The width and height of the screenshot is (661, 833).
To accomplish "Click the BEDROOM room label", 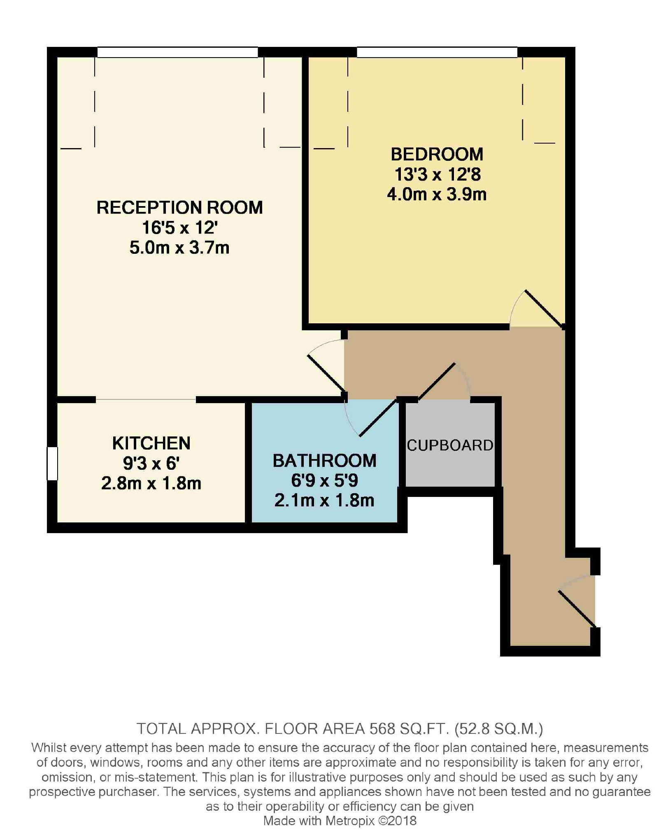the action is [437, 154].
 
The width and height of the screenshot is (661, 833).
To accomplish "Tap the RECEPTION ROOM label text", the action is [179, 207].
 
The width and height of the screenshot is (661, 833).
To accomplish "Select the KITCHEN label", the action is [151, 443].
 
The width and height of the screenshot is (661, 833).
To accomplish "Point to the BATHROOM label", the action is [324, 460].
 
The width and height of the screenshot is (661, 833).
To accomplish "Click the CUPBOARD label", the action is [450, 445].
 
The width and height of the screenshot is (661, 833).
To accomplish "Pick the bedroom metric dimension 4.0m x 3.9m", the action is [437, 194].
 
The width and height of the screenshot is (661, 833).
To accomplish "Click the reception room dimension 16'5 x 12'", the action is [179, 227].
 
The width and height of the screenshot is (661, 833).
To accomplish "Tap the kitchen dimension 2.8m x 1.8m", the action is [151, 483].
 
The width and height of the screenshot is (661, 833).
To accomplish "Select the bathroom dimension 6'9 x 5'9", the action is [324, 480].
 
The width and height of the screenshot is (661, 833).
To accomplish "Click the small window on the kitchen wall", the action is [52, 464].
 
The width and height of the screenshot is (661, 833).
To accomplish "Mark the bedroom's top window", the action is [437, 52].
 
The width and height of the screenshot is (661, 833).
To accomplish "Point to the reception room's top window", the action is [177, 52].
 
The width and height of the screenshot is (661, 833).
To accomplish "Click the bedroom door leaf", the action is [544, 309].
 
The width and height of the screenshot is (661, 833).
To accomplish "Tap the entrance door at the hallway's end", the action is [577, 609].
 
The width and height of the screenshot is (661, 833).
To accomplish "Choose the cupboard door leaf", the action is [436, 381].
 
